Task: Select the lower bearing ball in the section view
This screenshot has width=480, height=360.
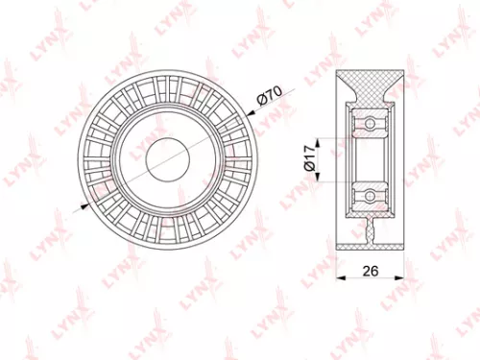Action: [x=368, y=195]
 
